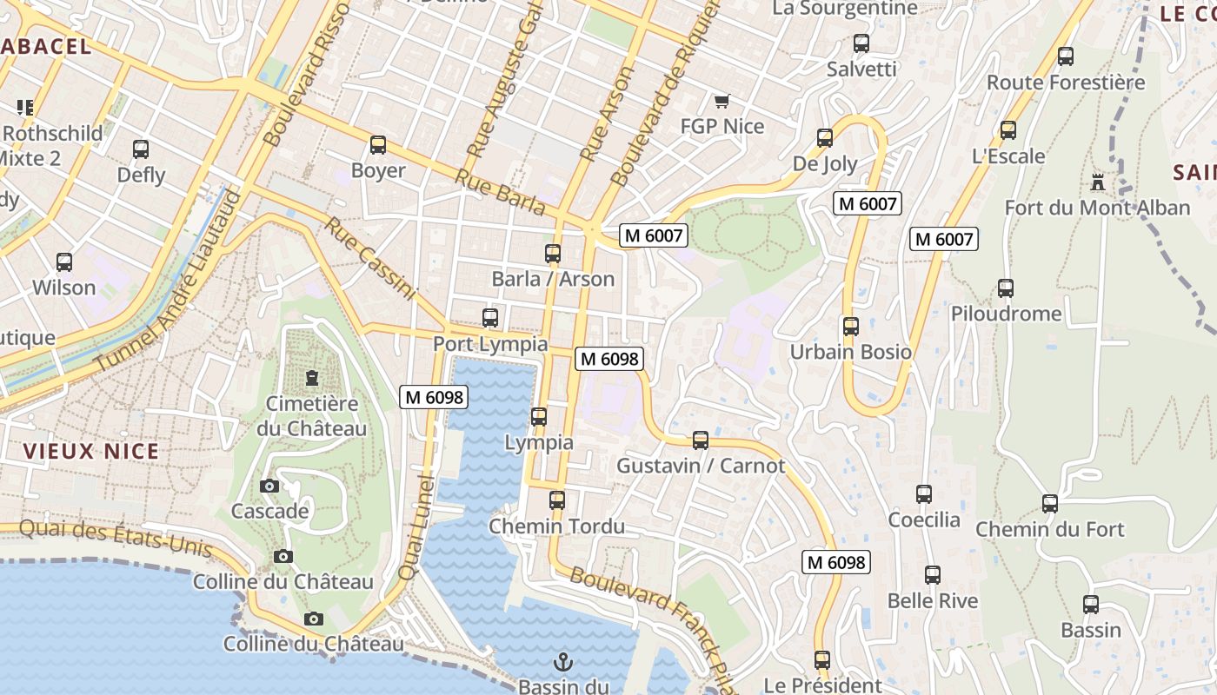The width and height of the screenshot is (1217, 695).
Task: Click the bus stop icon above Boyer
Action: [x=377, y=145]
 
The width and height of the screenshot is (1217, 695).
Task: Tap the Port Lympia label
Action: [x=490, y=344]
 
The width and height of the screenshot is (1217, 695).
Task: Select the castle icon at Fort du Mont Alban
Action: [x=1098, y=182]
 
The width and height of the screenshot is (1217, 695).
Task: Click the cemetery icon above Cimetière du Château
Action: [x=311, y=378]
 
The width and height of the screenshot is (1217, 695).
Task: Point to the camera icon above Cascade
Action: [x=269, y=486]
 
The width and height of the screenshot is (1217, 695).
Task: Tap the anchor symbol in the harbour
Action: [x=563, y=663]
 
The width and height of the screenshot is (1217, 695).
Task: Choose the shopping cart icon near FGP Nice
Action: [x=722, y=101]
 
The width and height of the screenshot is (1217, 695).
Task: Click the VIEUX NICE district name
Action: [x=91, y=451]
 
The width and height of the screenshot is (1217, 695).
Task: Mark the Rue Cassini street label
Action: [x=372, y=259]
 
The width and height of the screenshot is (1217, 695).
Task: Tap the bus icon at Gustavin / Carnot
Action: [x=701, y=440]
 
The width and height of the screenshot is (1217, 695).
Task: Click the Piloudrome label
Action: [x=1006, y=314]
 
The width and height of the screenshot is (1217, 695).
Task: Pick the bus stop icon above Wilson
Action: [x=64, y=261]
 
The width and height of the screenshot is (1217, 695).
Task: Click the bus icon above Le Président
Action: [x=822, y=660]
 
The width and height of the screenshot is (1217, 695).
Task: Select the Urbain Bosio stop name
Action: [x=850, y=352]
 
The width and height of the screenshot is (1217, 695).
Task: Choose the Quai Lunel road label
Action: [x=415, y=528]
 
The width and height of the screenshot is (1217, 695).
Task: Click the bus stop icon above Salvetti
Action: [x=861, y=43]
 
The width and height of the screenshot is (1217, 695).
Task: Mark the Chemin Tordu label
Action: [x=556, y=526]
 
